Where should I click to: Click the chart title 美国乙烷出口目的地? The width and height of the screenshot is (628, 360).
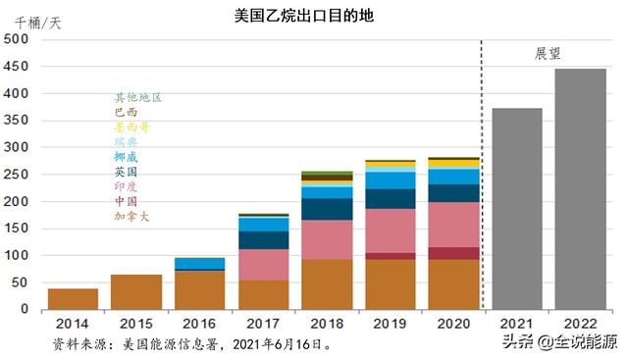pos(304,17)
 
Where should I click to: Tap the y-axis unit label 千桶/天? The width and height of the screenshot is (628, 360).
pos(38,23)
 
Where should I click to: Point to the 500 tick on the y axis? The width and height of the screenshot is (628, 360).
pos(17,39)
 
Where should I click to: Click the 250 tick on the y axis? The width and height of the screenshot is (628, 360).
pos(17,175)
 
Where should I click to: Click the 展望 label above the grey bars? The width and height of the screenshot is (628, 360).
pos(549,53)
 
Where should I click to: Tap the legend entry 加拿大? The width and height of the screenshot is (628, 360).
pos(131,216)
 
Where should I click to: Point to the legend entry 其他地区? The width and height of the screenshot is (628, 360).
pos(137,98)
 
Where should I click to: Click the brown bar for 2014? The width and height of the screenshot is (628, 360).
pos(73,299)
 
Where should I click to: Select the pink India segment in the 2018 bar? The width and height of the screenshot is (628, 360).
pos(327,239)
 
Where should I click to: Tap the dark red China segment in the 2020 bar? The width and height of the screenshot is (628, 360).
pos(453,253)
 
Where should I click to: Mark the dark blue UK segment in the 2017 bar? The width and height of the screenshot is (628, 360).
pos(263,240)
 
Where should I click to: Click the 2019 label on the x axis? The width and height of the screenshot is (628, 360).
pos(390,323)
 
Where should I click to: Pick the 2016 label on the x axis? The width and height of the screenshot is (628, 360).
pos(199,323)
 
